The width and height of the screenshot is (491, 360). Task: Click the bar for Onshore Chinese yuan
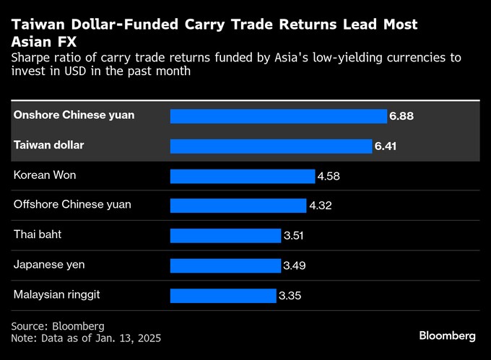coord(278,116)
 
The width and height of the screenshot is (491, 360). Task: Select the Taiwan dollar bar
coord(271,146)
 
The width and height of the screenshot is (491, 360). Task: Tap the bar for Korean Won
coord(242,176)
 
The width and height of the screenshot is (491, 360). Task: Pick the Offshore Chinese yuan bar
coord(238,206)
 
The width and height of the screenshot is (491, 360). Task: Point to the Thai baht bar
coord(225,236)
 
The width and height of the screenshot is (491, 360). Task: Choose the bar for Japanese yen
coord(225,265)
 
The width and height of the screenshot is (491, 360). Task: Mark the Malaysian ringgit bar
coord(222,295)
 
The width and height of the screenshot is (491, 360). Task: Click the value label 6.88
coord(401,116)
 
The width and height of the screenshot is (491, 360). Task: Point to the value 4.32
coord(321,206)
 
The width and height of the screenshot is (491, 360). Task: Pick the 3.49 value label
coord(295,265)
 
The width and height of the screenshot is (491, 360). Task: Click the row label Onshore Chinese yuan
coord(74,115)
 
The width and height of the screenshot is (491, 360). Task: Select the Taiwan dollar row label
coord(49,145)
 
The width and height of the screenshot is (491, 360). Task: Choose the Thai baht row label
coord(37,234)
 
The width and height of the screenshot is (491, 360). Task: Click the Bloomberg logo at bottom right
coord(448,335)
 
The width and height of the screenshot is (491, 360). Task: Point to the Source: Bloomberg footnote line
coord(58,326)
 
